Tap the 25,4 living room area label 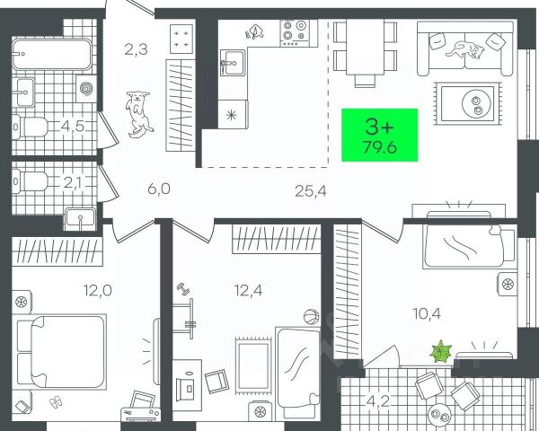(312, 189)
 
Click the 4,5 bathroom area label (73, 125)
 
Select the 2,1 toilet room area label (73, 182)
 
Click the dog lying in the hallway (138, 113)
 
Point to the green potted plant (441, 349)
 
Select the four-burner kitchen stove (293, 34)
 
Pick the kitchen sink (236, 64)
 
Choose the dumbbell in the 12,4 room (183, 290)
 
